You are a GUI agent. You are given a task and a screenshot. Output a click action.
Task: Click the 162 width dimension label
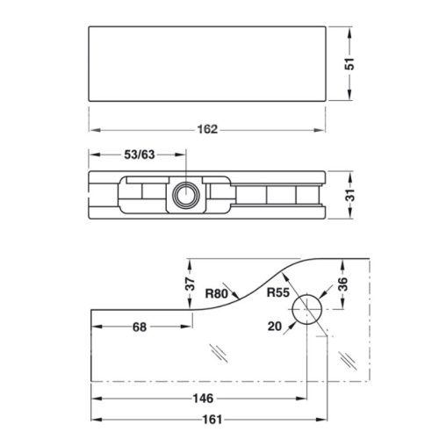(207, 129)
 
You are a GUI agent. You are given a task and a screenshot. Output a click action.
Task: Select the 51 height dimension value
(349, 64)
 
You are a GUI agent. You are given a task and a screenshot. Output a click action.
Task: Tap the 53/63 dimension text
(140, 155)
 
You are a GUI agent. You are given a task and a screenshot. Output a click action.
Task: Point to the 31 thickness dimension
(349, 195)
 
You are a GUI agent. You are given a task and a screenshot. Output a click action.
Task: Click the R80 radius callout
(216, 293)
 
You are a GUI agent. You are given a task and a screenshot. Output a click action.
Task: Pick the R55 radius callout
(277, 292)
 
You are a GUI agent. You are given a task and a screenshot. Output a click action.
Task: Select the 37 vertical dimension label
(191, 284)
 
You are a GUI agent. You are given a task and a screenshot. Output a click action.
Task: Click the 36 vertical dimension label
(342, 284)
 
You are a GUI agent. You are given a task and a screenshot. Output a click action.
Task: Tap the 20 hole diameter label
(275, 326)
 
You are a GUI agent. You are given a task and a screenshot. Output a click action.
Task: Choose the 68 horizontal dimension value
(140, 327)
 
